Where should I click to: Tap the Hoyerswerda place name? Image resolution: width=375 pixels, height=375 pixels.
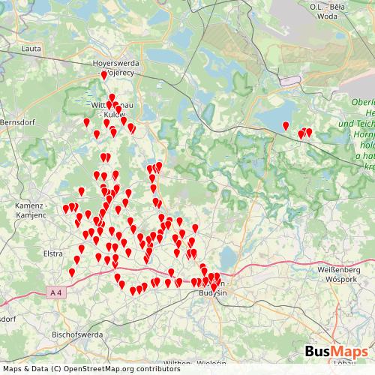click(112, 64)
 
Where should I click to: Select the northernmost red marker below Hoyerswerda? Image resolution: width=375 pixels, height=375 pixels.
click(104, 75)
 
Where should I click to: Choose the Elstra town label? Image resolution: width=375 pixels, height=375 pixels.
click(53, 253)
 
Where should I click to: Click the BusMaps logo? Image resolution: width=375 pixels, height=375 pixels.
click(337, 351)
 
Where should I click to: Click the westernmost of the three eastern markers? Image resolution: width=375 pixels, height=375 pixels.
click(285, 125)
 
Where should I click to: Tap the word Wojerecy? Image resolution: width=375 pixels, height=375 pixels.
click(118, 73)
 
